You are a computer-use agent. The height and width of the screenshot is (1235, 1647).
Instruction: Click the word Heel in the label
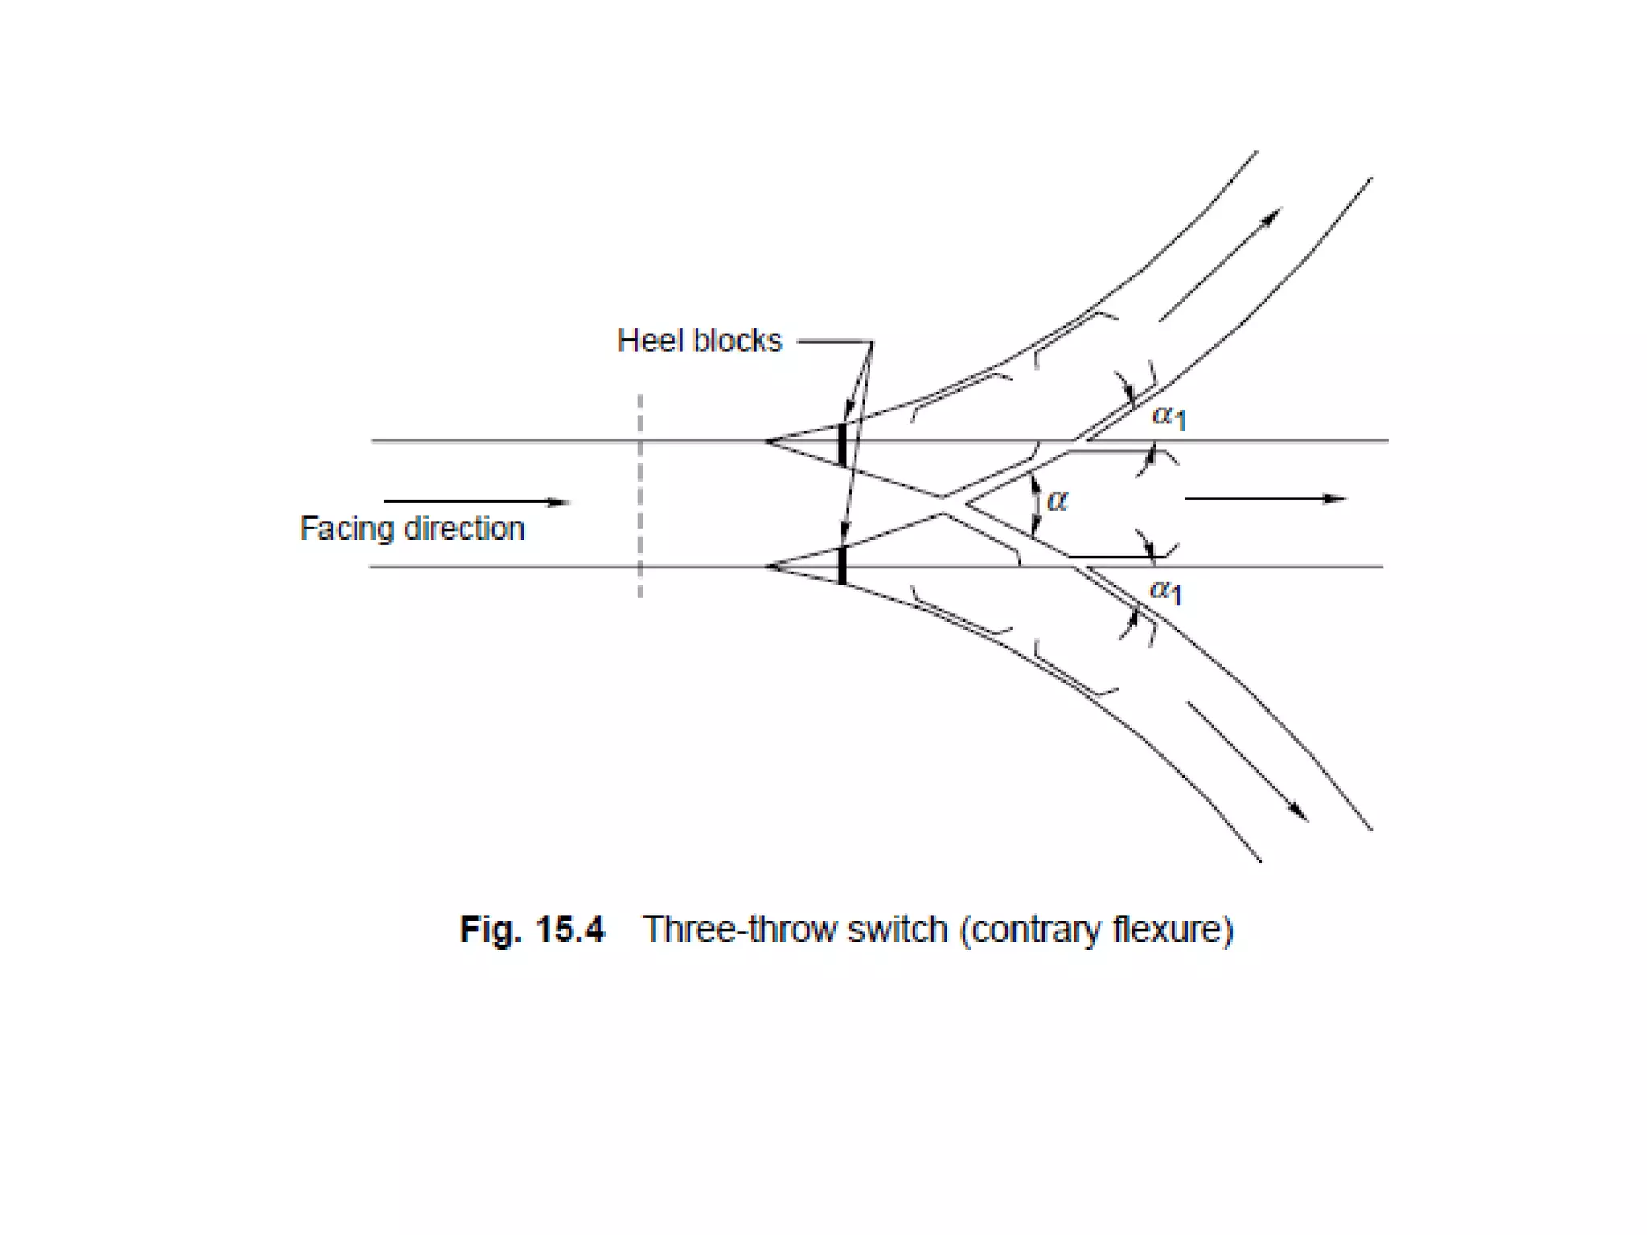coord(649,341)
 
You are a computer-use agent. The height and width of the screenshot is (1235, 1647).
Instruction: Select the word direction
coord(464,529)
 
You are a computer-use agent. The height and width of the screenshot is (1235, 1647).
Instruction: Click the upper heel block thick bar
coord(842,444)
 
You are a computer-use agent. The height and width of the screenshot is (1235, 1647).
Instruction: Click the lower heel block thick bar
coord(842,565)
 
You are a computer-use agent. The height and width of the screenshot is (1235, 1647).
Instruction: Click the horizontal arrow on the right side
coord(1265,499)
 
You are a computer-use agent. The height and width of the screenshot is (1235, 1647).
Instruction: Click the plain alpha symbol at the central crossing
coord(1057,500)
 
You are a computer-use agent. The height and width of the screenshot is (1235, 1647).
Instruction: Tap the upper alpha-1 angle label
coord(1169,416)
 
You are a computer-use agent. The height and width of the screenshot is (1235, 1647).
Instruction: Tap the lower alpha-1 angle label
coord(1165,591)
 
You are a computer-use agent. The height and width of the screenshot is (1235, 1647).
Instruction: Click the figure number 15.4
coord(569,929)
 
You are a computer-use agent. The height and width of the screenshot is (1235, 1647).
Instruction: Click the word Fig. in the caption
coord(491,929)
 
